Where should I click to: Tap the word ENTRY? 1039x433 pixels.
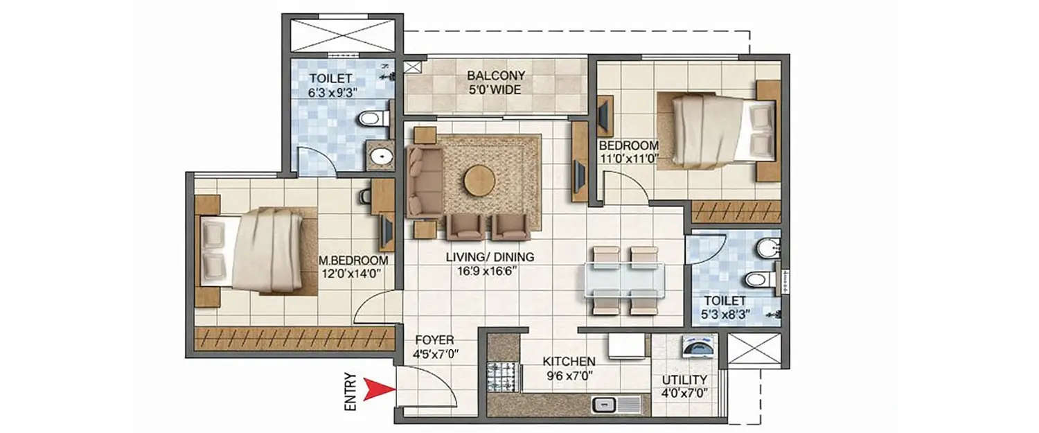(351, 393)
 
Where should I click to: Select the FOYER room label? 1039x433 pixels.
(434, 340)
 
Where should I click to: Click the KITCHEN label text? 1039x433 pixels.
(569, 362)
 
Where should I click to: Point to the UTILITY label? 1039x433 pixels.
(684, 380)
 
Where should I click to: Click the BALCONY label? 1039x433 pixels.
(495, 76)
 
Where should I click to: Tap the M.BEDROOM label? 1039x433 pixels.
(353, 260)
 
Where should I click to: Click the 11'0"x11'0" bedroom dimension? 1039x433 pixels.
(628, 159)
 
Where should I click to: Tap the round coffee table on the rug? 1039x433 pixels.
(480, 181)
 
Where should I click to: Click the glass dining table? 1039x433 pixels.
(625, 281)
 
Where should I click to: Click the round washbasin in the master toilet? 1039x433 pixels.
(380, 157)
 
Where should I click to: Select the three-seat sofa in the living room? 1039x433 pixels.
(423, 181)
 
